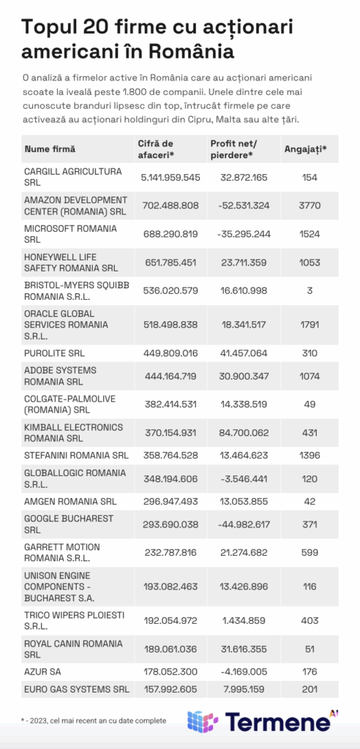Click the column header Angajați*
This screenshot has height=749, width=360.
coord(305,149)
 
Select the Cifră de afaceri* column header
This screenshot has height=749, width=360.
coord(156,148)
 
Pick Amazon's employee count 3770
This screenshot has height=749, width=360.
coord(310,206)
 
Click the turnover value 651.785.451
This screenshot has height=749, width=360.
coord(168,263)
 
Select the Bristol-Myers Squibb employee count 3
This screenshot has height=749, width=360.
coord(310,291)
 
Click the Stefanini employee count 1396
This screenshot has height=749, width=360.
coord(310,456)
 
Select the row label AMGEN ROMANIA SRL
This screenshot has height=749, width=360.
coord(70,502)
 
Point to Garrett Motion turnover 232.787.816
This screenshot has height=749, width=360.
coord(168,553)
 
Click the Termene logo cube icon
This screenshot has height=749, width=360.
coord(203,722)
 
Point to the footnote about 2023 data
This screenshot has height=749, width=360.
coord(93,720)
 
